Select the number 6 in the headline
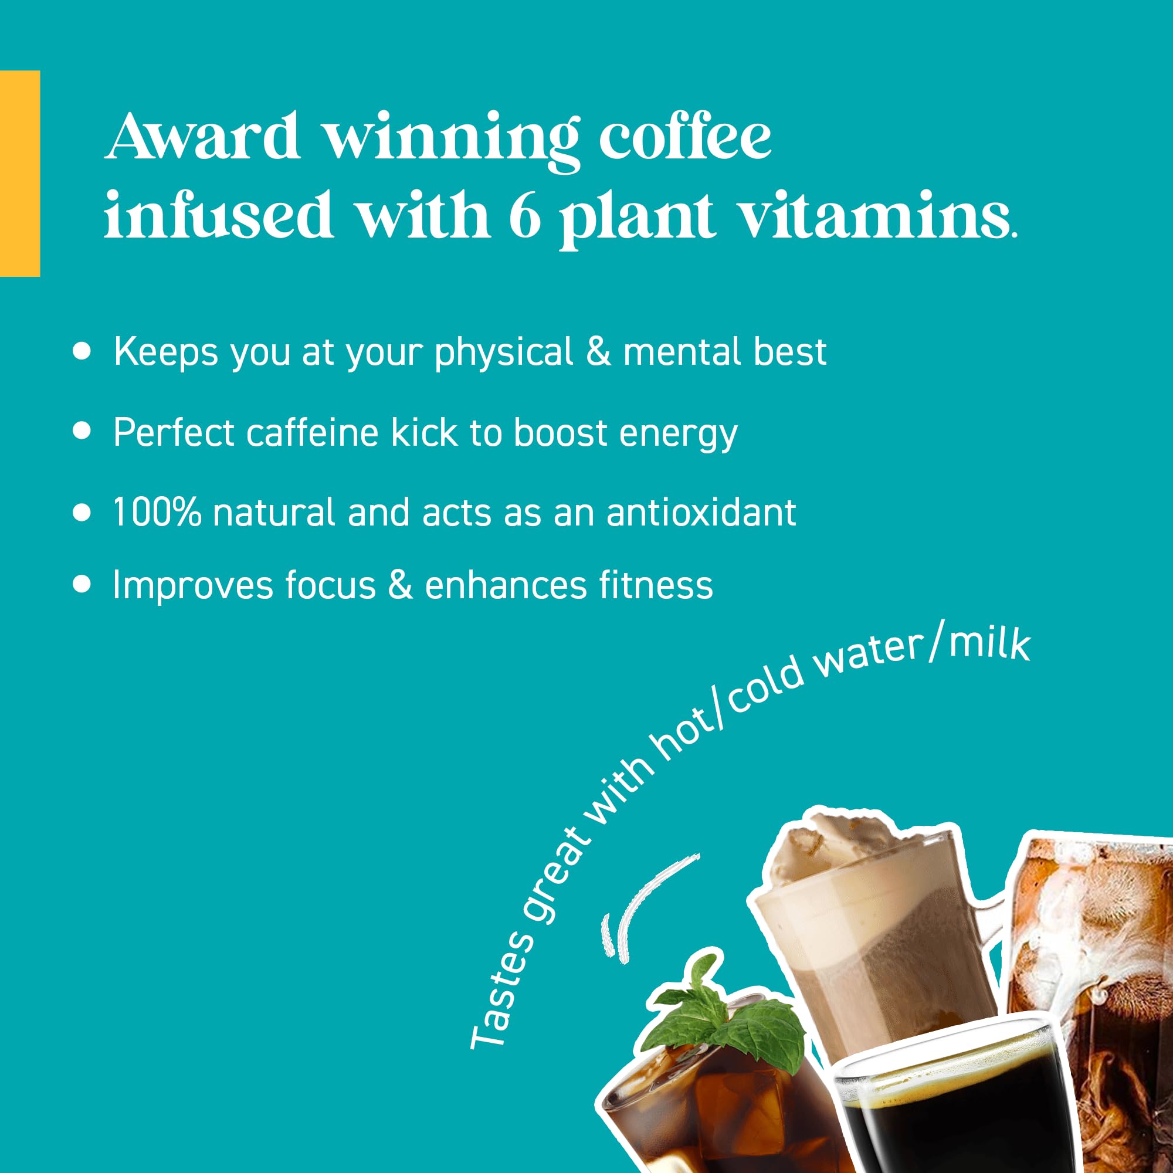pos(525,214)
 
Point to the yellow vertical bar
pos(20,174)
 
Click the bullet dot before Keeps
pos(82,351)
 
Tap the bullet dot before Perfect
pos(82,430)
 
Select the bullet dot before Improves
pos(82,584)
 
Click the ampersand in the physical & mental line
pos(598,352)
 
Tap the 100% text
pos(157,512)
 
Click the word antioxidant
pos(701,512)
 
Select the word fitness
pos(656,585)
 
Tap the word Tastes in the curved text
pos(502,989)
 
